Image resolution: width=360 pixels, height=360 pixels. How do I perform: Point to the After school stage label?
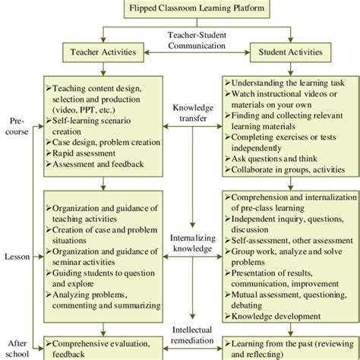(x=16, y=347)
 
